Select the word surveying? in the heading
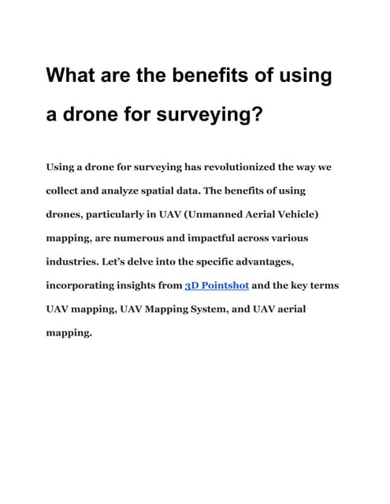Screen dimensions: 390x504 click(212, 116)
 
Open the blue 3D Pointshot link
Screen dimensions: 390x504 click(217, 285)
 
